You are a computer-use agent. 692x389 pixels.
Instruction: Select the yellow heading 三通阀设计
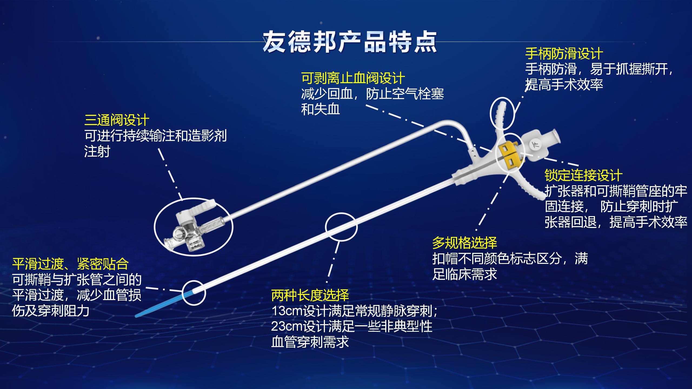117,120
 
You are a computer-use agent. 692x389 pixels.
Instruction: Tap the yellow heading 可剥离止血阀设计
353,78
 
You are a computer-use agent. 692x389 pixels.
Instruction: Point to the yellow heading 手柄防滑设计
564,53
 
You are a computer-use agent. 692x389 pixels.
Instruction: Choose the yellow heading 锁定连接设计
583,175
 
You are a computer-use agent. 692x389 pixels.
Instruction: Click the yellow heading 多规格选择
464,243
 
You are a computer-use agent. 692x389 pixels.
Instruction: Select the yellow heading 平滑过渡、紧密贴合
70,264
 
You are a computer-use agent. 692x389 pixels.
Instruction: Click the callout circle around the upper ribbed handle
491,113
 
